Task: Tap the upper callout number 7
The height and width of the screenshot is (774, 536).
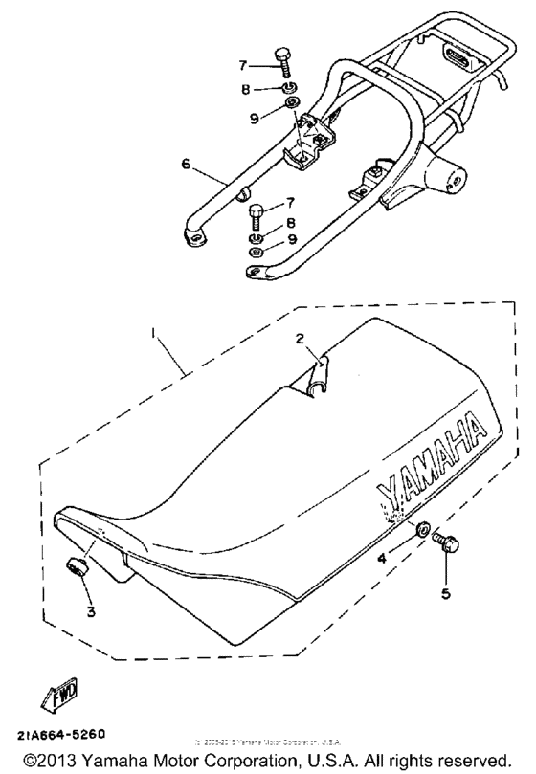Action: click(x=243, y=66)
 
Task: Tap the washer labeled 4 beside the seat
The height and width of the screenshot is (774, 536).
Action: click(x=422, y=528)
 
